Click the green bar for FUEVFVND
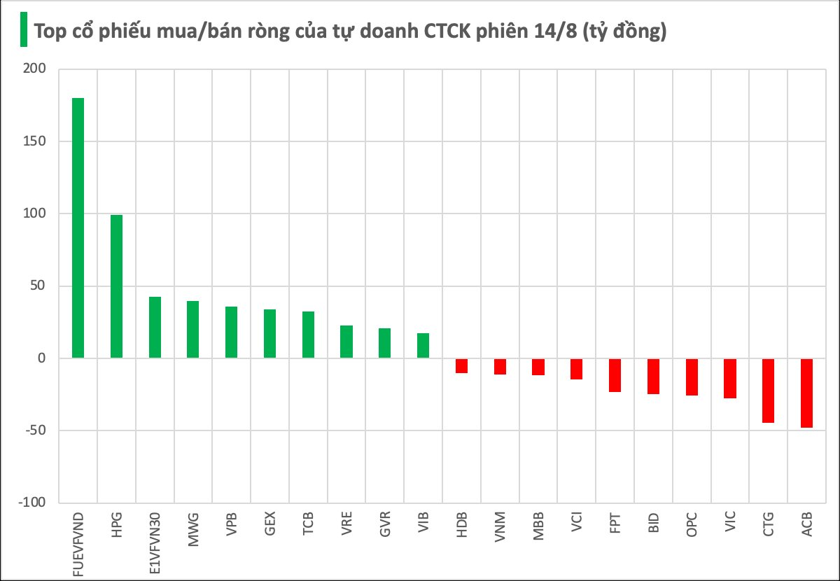(78, 228)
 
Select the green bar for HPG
(116, 286)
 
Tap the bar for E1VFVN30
(155, 328)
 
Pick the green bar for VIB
(423, 346)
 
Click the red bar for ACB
(806, 393)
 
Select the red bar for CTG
(768, 391)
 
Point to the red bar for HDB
(461, 365)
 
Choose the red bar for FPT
(615, 375)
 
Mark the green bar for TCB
(308, 335)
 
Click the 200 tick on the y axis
(34, 69)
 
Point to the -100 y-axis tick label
(31, 503)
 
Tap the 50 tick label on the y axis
(37, 286)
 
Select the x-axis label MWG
(193, 525)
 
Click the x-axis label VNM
(500, 525)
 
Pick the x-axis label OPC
(692, 524)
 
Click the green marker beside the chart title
(23, 30)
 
